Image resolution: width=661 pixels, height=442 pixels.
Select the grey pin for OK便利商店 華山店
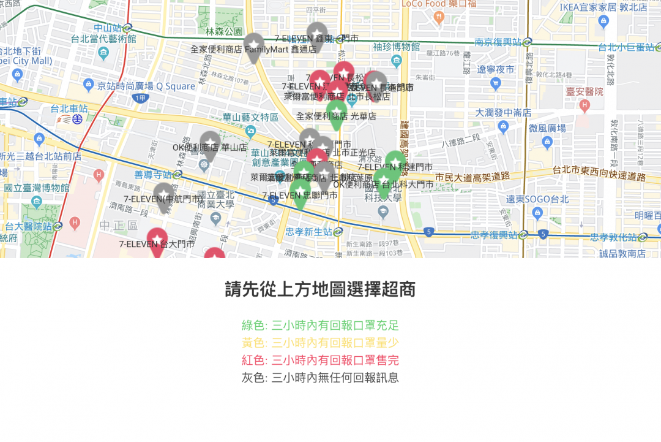[210, 143]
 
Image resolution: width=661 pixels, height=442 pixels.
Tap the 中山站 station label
[108, 28]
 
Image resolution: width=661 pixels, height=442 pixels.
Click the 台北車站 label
[71, 109]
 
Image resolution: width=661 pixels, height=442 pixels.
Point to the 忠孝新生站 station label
[308, 232]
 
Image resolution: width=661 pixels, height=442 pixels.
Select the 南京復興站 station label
[498, 42]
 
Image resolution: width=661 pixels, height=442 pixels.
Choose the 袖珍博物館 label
[396, 47]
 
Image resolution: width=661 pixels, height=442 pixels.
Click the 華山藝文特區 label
[250, 117]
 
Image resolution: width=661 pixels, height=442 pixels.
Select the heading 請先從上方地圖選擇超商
[320, 289]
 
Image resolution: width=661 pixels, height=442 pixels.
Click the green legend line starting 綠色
[320, 325]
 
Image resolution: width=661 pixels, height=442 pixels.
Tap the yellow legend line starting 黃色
[320, 343]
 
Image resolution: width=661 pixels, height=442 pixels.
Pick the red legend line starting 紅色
[320, 360]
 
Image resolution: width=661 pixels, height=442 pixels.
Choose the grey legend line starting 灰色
[320, 378]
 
